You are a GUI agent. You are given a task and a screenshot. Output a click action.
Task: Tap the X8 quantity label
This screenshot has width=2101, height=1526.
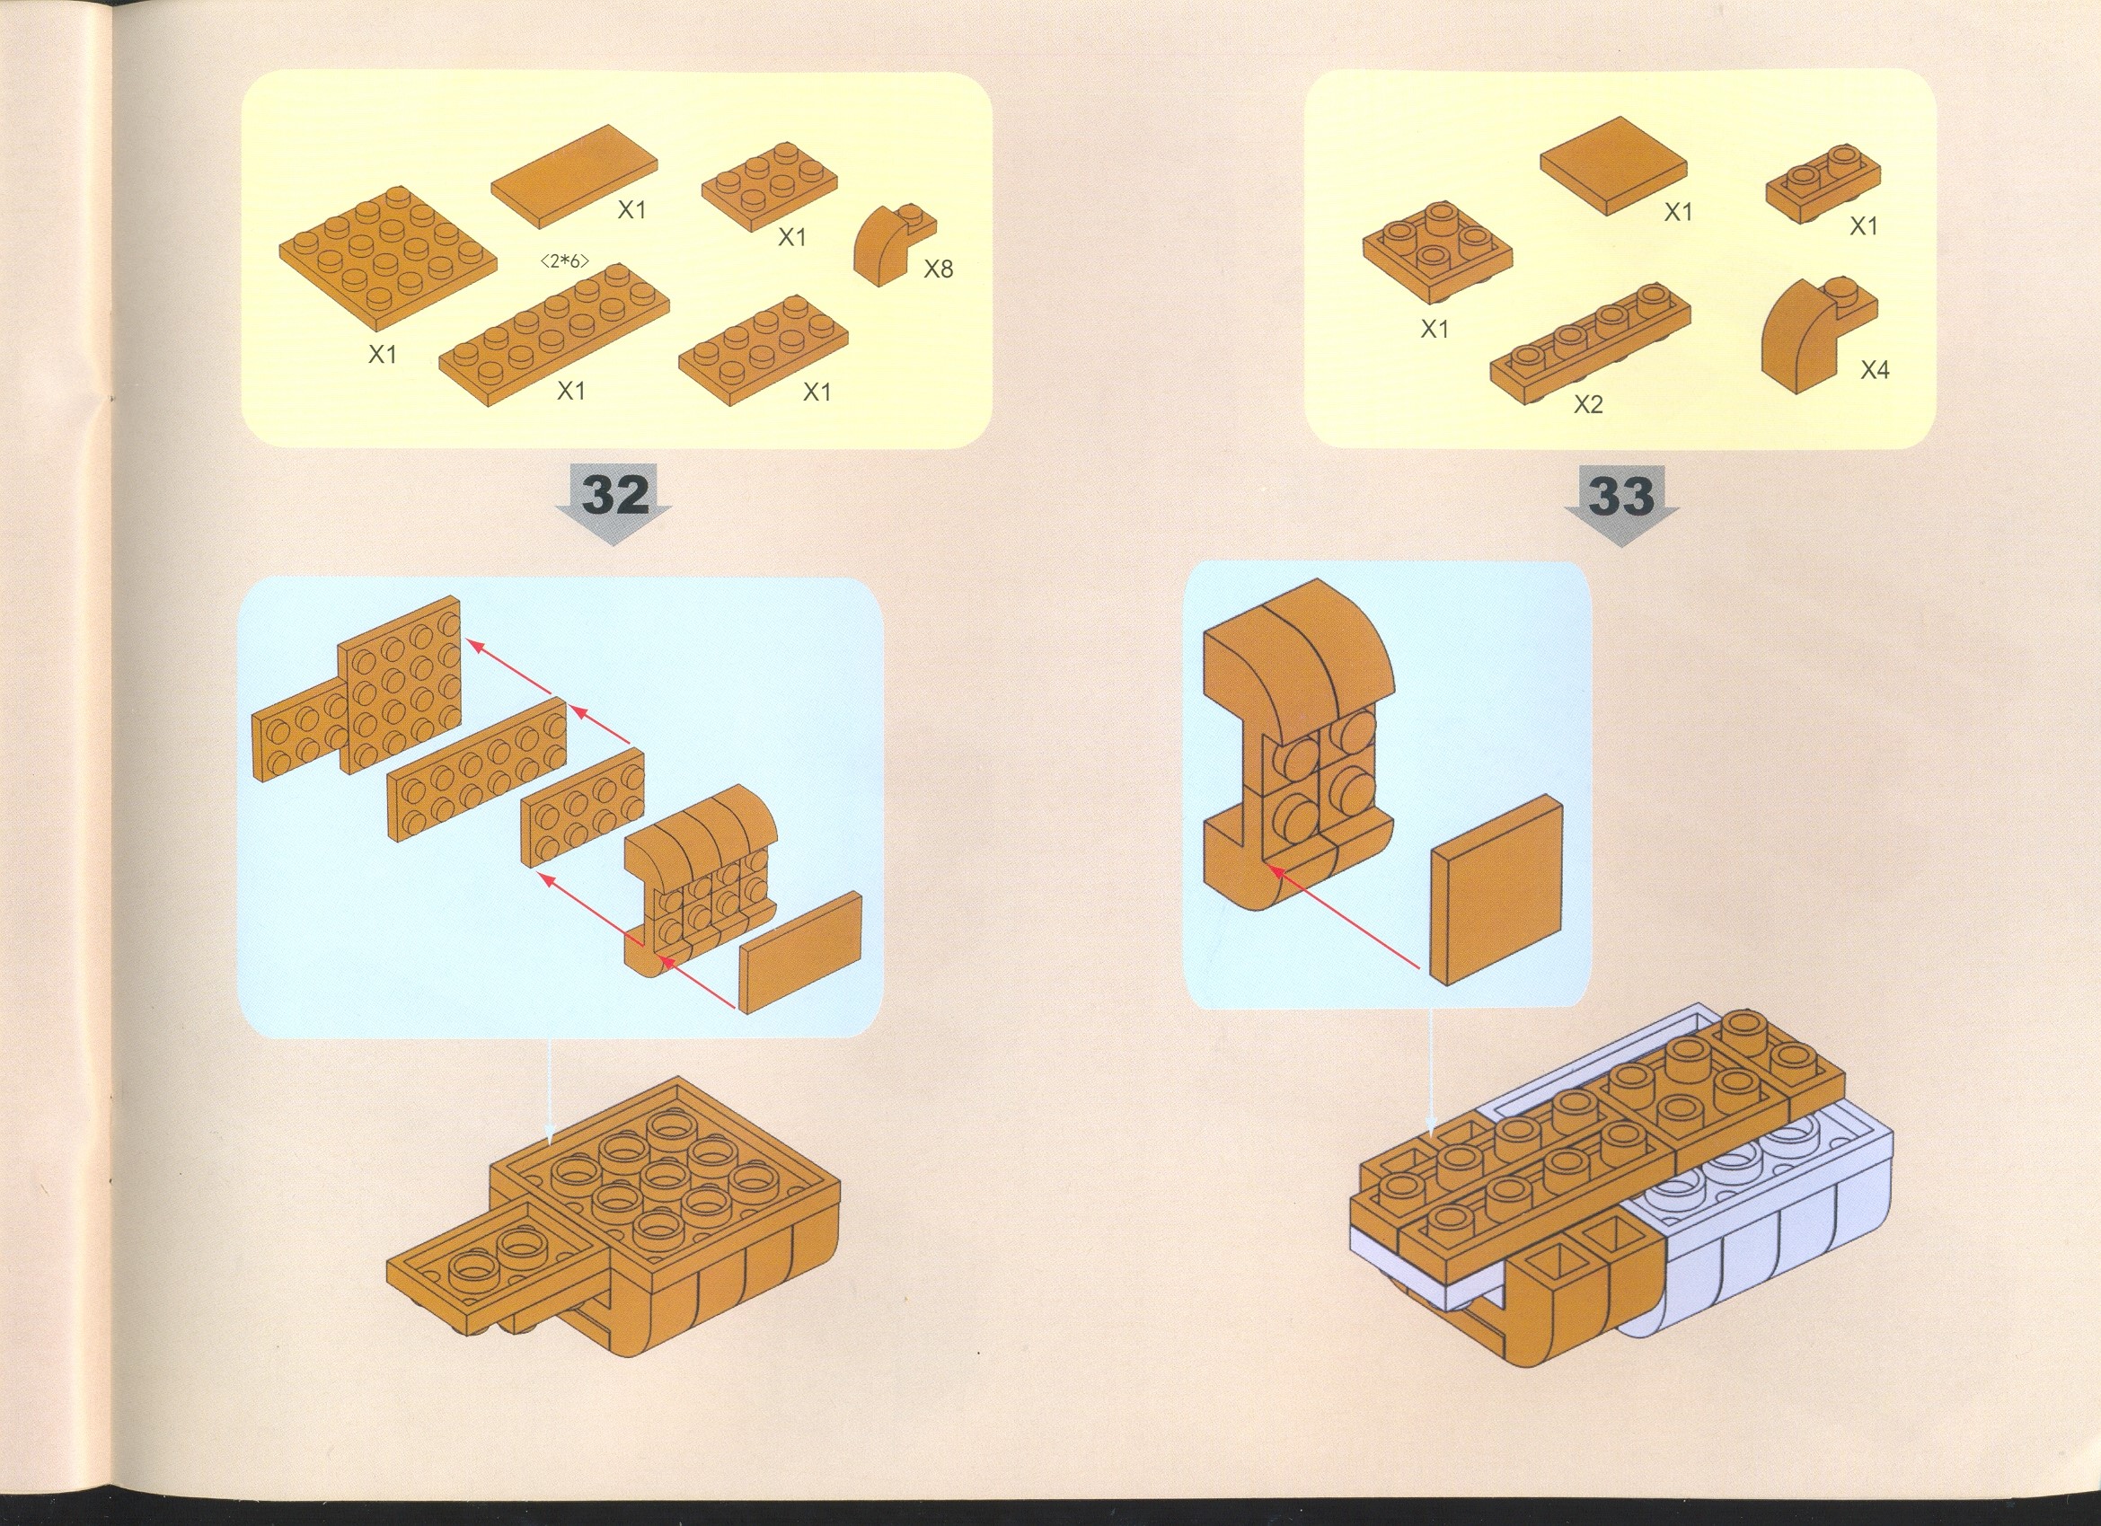(x=939, y=269)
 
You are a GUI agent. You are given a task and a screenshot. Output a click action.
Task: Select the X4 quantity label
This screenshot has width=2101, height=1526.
(x=1875, y=371)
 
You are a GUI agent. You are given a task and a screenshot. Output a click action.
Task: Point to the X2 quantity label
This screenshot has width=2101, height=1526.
(x=1588, y=405)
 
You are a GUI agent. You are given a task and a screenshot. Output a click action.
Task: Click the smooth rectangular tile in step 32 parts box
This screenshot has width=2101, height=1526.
(x=573, y=175)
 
